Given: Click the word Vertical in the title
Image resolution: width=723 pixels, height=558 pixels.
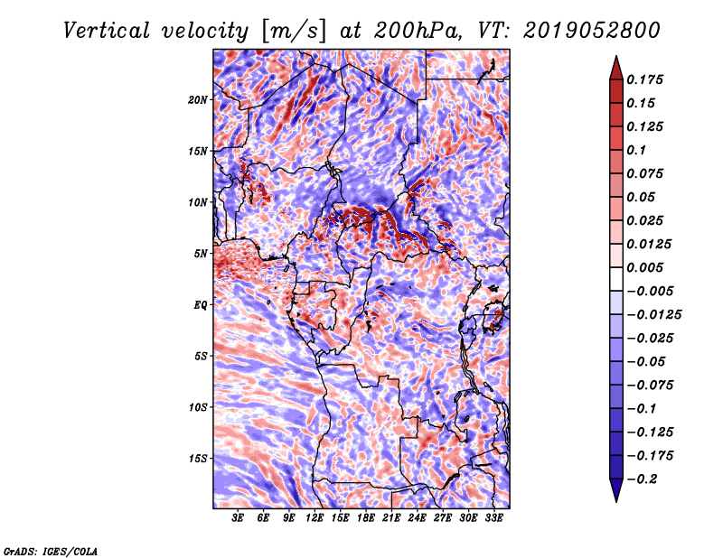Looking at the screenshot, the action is coord(107,31).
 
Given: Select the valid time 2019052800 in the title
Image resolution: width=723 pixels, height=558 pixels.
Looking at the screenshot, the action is coord(592,31).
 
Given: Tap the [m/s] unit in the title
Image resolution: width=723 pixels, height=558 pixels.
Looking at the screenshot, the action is coord(294,31).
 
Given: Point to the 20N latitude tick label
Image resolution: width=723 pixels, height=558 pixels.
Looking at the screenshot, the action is coord(198,99).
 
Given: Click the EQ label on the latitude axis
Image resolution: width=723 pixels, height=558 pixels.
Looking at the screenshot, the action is coord(200,305).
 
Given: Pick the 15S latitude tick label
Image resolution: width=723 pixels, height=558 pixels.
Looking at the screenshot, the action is coord(198,459).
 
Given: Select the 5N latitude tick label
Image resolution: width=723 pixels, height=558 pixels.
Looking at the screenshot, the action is coord(201,254).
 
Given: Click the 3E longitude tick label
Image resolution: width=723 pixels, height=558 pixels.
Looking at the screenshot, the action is coord(238,518).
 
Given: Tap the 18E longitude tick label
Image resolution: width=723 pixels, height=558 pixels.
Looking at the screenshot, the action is coord(366,518).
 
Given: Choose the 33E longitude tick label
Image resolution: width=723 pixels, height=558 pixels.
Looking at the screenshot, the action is coord(493,518).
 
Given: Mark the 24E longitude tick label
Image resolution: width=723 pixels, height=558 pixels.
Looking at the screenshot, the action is coord(417,518).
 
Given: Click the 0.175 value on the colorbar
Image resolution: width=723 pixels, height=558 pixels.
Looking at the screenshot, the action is coord(644,79).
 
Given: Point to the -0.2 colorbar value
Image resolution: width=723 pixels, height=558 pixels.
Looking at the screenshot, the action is coord(642,479).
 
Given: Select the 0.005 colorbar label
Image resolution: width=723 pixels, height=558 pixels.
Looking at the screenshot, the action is coord(644,267).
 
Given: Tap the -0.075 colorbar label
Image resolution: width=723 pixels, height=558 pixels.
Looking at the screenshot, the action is coord(650,386).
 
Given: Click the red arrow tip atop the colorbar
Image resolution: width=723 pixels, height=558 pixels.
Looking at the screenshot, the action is coord(616,57).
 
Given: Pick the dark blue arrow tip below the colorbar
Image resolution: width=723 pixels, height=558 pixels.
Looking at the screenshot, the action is coord(616,501).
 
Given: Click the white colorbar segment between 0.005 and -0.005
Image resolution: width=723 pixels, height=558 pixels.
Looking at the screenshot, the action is coord(616,279).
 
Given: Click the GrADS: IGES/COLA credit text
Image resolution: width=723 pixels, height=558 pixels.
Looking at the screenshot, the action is coord(51,551).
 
